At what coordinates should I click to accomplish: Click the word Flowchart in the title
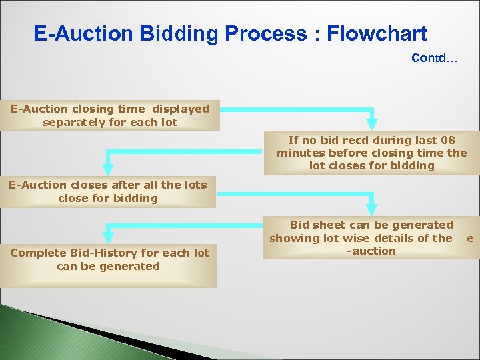point(377,33)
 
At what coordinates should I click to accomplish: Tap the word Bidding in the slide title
point(164,33)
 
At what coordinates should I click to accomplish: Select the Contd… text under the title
point(434,58)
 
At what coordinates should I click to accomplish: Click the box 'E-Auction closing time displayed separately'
point(109,115)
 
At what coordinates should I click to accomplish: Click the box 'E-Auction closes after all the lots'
point(108,191)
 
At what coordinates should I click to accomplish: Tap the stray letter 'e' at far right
point(470,238)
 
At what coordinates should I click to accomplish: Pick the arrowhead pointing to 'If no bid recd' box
point(372,124)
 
